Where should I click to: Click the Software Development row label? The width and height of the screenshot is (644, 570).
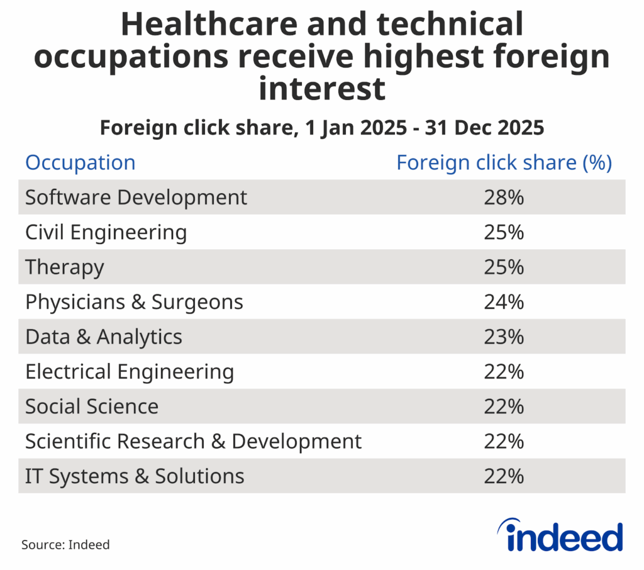point(136,198)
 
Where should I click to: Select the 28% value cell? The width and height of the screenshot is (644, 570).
point(504,198)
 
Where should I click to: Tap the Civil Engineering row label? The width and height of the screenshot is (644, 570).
point(106,233)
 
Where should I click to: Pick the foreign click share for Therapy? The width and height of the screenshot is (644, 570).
point(504,267)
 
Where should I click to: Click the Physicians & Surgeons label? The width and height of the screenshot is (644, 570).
point(134,303)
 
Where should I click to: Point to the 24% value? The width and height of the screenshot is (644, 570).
point(504,303)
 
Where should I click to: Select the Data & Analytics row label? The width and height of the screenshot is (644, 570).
point(104,337)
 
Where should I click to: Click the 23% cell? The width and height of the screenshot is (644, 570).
point(504,337)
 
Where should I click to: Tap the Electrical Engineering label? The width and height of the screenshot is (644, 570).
point(130,372)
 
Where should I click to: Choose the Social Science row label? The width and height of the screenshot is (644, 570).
point(92,407)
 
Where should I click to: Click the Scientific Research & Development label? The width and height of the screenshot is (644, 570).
point(193,442)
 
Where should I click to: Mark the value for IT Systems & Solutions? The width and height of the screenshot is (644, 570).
point(504,476)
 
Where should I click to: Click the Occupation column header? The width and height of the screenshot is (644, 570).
point(80,163)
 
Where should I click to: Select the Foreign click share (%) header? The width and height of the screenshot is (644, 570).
point(504,163)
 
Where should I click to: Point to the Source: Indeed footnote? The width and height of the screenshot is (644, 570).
point(65,545)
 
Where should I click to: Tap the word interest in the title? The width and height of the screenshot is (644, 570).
point(322,88)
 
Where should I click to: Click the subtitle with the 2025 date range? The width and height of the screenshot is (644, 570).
point(322,128)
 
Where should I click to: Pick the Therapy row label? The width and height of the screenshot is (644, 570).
point(64,267)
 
